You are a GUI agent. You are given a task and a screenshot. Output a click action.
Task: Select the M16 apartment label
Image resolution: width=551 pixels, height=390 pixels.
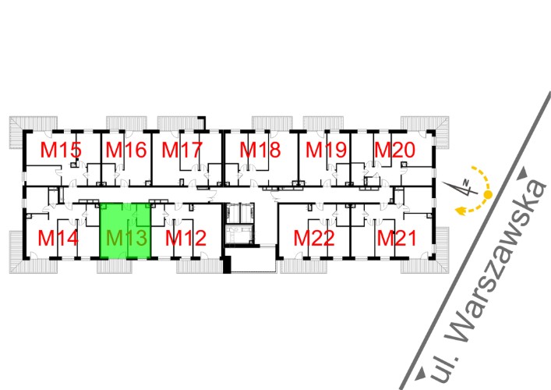pyautogui.click(x=126, y=151)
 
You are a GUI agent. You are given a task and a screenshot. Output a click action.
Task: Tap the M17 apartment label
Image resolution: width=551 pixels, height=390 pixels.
pyautogui.click(x=182, y=151)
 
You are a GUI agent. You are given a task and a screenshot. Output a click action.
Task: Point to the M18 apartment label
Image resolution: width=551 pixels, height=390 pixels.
pyautogui.click(x=260, y=151)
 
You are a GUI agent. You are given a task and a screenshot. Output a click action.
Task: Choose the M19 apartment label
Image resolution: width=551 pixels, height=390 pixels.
pyautogui.click(x=325, y=151)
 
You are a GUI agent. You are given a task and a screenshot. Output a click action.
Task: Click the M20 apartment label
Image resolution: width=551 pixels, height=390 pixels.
pyautogui.click(x=394, y=151)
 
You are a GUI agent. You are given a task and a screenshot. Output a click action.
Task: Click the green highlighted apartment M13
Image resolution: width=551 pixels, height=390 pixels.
pyautogui.click(x=125, y=232)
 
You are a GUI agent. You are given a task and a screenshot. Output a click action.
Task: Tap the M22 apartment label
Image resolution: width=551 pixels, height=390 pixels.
pyautogui.click(x=314, y=237)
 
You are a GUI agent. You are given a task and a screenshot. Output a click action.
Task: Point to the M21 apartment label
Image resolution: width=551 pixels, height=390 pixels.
pyautogui.click(x=397, y=237)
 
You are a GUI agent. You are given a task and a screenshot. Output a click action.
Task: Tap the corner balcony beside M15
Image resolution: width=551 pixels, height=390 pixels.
pyautogui.click(x=17, y=133)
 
